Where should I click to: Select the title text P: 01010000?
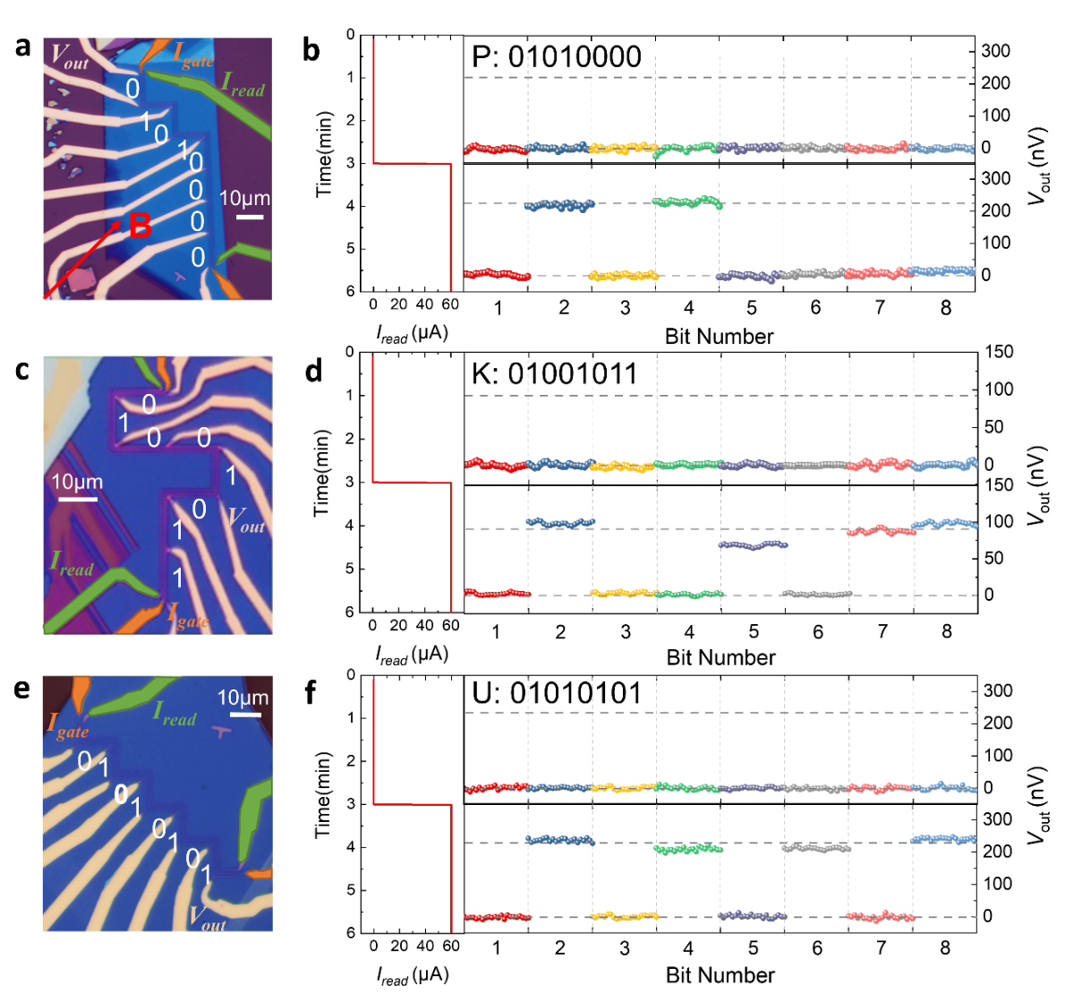[556, 56]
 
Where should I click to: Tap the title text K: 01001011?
[554, 373]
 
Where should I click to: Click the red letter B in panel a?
[140, 227]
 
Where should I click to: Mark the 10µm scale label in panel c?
[77, 482]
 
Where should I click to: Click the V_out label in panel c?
[246, 519]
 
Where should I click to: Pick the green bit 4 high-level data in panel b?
[687, 201]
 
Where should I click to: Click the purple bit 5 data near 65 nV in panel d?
[754, 544]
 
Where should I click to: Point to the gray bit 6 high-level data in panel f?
[816, 847]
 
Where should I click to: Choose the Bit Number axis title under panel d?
[720, 657]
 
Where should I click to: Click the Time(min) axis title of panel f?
[323, 794]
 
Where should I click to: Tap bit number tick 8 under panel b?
[946, 307]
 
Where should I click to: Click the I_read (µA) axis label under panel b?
[412, 333]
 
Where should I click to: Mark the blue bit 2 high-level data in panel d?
[560, 522]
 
